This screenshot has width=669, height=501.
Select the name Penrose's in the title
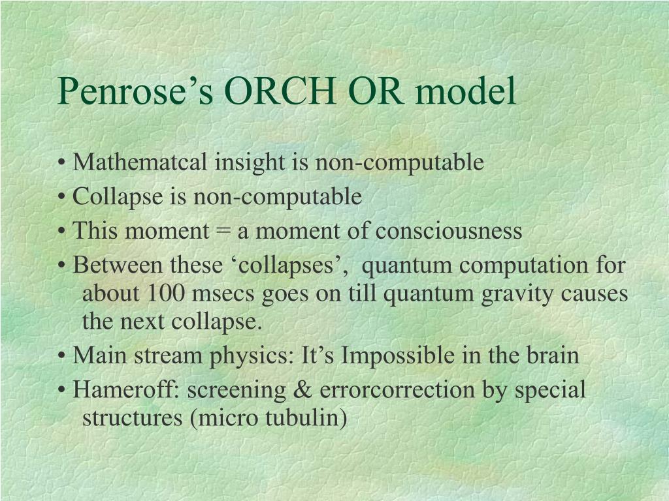(135, 91)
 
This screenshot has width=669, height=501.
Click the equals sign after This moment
(223, 232)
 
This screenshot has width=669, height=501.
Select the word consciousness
(449, 232)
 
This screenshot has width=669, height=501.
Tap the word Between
(118, 265)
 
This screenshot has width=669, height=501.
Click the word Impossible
(398, 356)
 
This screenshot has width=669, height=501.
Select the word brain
(553, 356)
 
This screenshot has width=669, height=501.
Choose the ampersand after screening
(302, 390)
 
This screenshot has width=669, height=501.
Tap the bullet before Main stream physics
(62, 356)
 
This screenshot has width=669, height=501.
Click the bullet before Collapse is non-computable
(62, 198)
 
